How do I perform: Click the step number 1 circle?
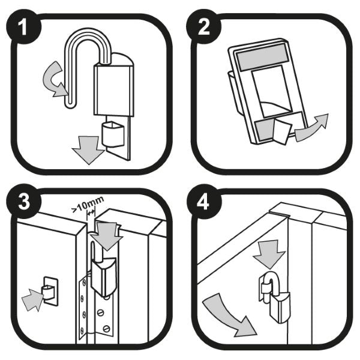(23, 26)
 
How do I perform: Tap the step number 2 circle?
(203, 26)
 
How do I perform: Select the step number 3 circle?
(23, 202)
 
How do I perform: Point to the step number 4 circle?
(203, 202)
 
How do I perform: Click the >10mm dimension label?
(88, 205)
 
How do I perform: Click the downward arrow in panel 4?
(269, 254)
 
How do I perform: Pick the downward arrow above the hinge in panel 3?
(108, 236)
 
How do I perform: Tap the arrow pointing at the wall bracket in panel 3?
(33, 299)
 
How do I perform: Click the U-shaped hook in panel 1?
(69, 69)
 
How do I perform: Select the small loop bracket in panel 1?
(113, 134)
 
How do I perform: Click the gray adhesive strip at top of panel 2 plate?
(261, 58)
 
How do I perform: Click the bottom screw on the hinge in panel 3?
(107, 329)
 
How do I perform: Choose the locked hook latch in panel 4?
(274, 296)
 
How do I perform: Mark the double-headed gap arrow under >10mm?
(91, 213)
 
